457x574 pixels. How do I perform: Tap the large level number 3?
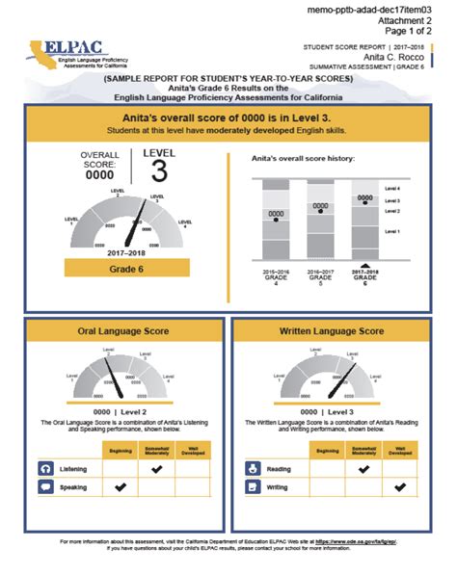point(160,172)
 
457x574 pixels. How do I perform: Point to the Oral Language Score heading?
point(123,330)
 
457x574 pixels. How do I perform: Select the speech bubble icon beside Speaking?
point(46,487)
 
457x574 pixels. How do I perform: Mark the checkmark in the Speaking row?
point(121,487)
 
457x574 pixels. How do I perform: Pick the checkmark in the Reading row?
point(363,468)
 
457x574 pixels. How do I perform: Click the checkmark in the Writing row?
point(398,488)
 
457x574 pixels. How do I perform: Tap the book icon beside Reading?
point(254,468)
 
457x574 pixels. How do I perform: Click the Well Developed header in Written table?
point(398,450)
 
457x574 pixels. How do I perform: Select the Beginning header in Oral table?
point(121,450)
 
